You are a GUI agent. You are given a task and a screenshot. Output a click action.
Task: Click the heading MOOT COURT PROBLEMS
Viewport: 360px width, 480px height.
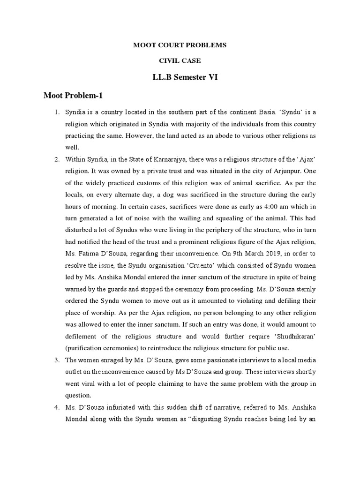[x=180, y=45]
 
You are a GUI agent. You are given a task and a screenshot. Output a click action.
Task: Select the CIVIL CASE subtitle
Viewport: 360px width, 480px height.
[x=180, y=61]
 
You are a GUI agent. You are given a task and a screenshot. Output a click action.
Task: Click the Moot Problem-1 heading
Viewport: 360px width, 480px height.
[x=73, y=96]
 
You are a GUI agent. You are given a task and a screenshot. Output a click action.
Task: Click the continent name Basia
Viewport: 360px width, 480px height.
[x=262, y=113]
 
